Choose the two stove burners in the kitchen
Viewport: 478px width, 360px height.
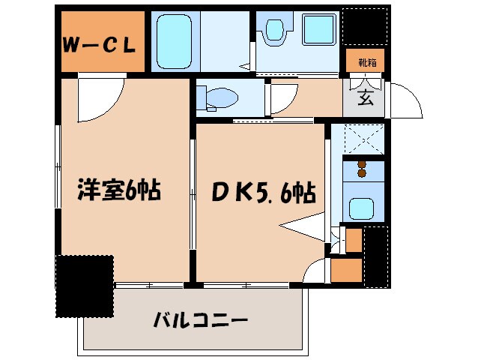click(363, 169)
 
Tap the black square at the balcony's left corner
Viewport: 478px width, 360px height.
click(85, 286)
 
